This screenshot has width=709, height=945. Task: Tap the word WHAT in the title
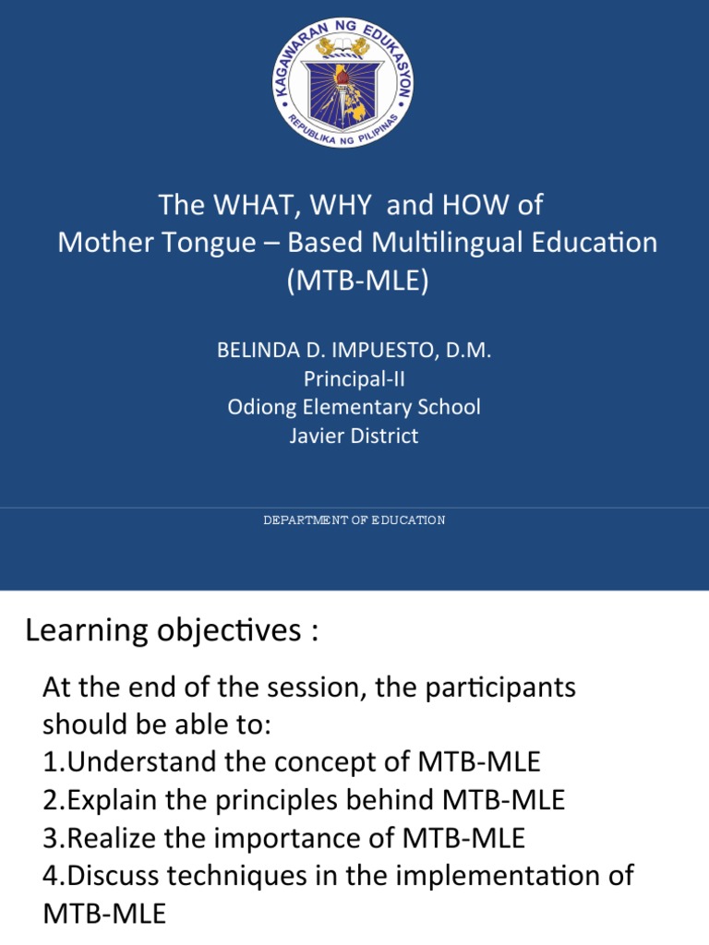[243, 204]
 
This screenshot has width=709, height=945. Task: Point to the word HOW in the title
[471, 204]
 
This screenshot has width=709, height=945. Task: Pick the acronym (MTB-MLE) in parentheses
[357, 281]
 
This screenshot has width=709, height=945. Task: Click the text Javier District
[354, 435]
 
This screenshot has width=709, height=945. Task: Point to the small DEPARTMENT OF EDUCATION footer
[354, 520]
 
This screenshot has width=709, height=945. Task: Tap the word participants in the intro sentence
[508, 688]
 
